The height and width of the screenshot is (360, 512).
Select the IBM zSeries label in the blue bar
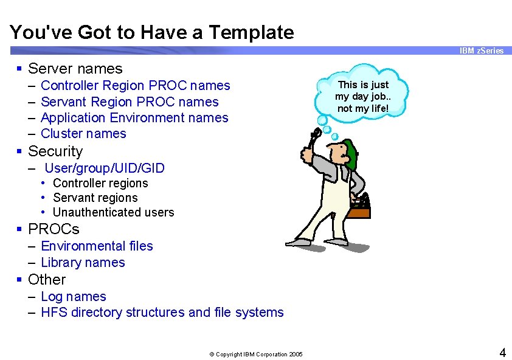click(481, 50)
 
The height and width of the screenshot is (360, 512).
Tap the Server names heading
click(75, 69)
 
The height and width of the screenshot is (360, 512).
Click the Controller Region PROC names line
click(135, 86)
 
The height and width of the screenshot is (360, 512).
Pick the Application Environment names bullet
click(134, 117)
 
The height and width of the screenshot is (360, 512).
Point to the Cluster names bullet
click(83, 133)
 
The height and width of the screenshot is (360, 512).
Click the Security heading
click(55, 151)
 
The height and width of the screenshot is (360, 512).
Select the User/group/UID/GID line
click(105, 168)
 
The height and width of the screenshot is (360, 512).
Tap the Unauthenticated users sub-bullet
click(113, 212)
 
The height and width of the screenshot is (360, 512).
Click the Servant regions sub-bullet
click(95, 198)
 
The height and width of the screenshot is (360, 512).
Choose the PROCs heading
click(54, 229)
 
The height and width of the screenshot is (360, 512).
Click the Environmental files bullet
click(97, 246)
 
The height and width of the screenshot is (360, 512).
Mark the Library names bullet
click(83, 263)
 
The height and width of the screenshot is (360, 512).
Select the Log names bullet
click(73, 296)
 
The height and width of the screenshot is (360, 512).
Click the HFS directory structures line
click(162, 313)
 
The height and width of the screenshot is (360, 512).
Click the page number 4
click(502, 352)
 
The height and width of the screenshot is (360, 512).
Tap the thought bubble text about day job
click(363, 96)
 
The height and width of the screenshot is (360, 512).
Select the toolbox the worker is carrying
click(359, 207)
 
